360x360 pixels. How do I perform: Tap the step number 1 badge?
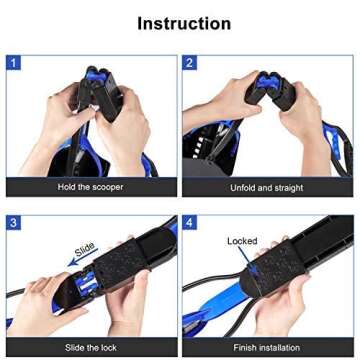pos(13,63)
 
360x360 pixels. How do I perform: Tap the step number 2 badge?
pos(190,63)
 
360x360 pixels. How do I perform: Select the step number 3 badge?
pos(13,222)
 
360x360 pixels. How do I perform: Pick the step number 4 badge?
pos(190,222)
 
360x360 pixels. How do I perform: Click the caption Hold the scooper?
pos(90,187)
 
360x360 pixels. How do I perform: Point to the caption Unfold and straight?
pos(266,187)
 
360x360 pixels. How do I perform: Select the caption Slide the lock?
pos(90,347)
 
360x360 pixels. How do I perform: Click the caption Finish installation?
pos(266,347)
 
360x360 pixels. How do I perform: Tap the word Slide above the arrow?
pos(85,249)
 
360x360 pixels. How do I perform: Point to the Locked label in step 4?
pos(242,241)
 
